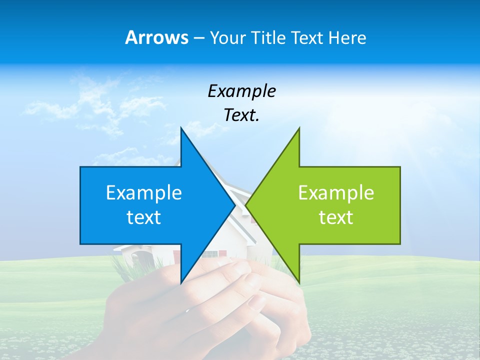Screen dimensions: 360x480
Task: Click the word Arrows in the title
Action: click(156, 37)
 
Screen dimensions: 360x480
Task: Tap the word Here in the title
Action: click(347, 37)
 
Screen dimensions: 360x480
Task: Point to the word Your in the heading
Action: click(227, 37)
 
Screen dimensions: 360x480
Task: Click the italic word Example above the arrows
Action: click(241, 91)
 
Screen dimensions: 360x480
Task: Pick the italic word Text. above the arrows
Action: click(241, 115)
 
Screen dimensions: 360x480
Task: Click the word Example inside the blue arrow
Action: click(144, 192)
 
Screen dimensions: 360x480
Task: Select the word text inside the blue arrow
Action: click(144, 217)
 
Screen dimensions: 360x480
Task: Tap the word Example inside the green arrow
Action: click(336, 192)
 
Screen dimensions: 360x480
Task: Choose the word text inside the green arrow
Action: click(336, 217)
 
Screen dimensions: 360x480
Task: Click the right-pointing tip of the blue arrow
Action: click(234, 205)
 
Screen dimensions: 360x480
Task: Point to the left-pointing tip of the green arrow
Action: click(246, 205)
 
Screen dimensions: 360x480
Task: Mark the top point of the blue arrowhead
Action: click(181, 128)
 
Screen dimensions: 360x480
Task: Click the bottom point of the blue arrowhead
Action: click(181, 283)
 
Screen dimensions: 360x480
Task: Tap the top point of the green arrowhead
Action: click(299, 128)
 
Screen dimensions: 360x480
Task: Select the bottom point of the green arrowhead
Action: click(299, 283)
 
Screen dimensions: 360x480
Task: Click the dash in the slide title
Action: click(198, 38)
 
